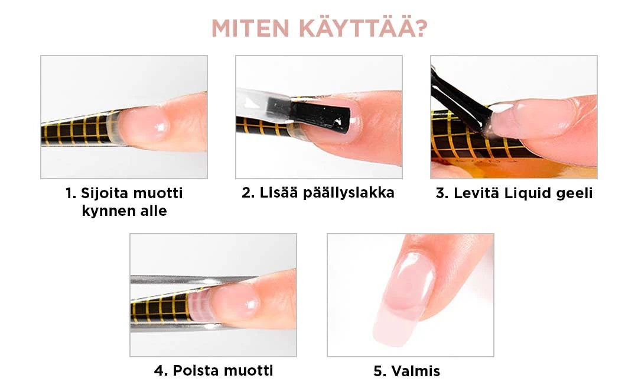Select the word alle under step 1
152,211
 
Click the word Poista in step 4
196,371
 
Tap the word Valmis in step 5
415,371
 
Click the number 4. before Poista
161,371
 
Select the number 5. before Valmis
380,371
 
